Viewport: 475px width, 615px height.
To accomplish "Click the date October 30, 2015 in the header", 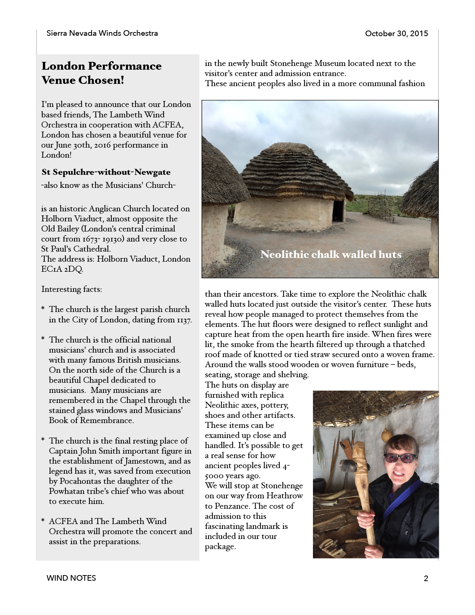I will [x=396, y=34].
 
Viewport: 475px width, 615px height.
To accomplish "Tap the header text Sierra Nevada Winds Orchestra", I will [x=102, y=33].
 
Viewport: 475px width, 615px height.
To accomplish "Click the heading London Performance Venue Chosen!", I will [x=101, y=73].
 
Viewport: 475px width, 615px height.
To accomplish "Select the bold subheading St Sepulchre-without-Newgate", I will [x=106, y=172].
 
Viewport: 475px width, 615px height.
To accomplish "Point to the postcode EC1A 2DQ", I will [x=62, y=269].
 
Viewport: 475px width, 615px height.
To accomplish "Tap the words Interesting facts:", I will [x=72, y=289].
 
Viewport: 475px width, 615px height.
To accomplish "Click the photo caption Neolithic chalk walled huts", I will [x=331, y=255].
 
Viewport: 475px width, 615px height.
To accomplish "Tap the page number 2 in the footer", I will [x=426, y=578].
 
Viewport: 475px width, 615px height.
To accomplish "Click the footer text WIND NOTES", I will [x=71, y=578].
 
